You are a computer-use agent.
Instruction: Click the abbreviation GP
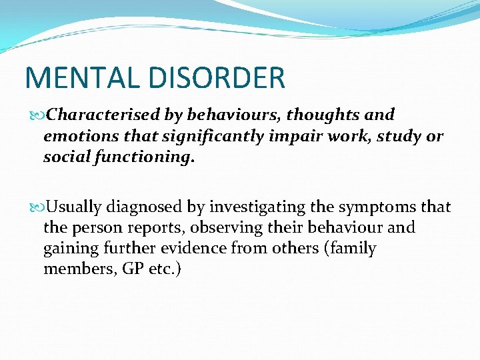pyautogui.click(x=125, y=269)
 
